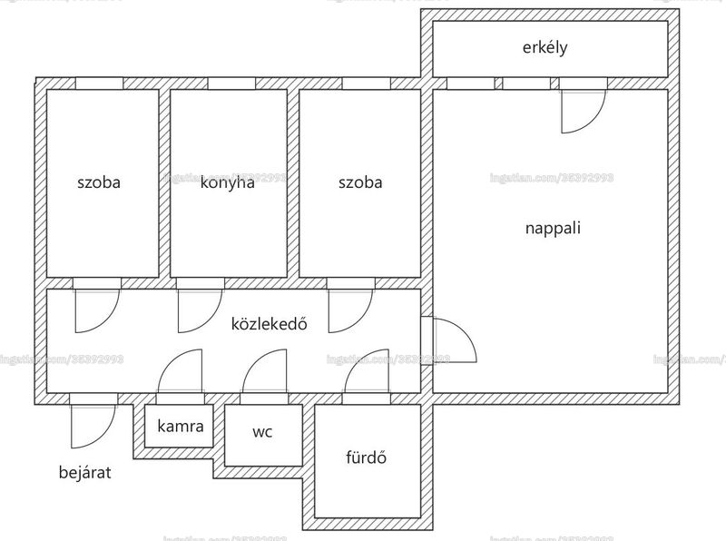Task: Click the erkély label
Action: click(544, 48)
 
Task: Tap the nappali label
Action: click(553, 228)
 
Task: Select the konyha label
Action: click(228, 182)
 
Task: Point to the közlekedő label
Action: click(269, 323)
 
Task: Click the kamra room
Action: click(179, 426)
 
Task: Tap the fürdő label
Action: click(366, 457)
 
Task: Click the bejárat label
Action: click(84, 472)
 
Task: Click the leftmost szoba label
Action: click(99, 182)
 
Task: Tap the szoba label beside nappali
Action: click(360, 182)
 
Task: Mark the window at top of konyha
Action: click(231, 84)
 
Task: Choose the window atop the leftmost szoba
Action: click(99, 84)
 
